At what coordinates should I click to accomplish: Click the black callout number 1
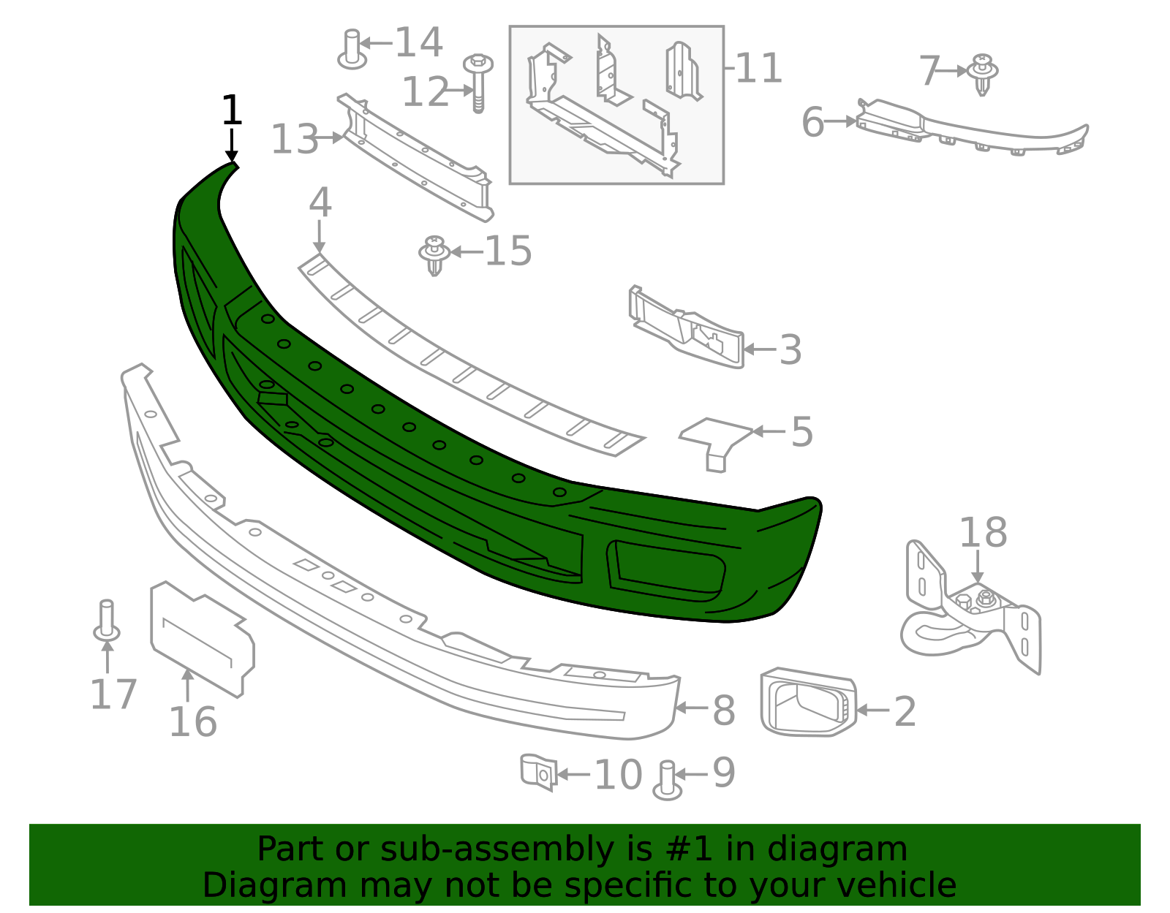(231, 110)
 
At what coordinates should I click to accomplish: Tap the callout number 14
(418, 42)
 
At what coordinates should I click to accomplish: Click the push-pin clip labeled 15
(434, 254)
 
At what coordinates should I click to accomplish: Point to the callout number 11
(758, 68)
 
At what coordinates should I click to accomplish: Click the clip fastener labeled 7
(982, 74)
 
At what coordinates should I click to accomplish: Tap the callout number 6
(812, 122)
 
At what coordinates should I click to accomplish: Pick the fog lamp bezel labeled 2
(807, 702)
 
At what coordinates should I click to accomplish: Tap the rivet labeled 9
(667, 780)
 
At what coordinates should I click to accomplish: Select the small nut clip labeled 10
(538, 772)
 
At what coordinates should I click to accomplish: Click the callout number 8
(723, 710)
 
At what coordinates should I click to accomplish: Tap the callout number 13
(295, 139)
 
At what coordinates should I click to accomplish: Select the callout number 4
(320, 202)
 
